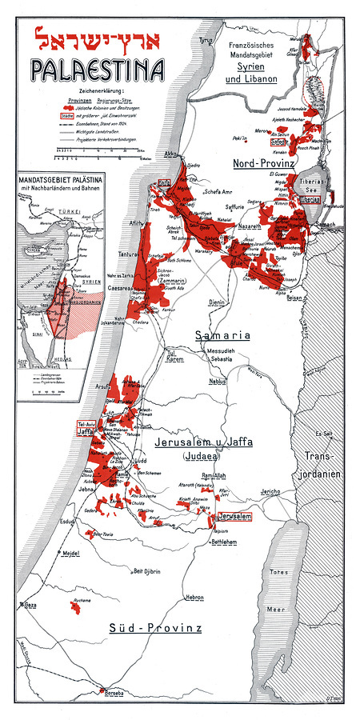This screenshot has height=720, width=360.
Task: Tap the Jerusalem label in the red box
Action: [234, 518]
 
